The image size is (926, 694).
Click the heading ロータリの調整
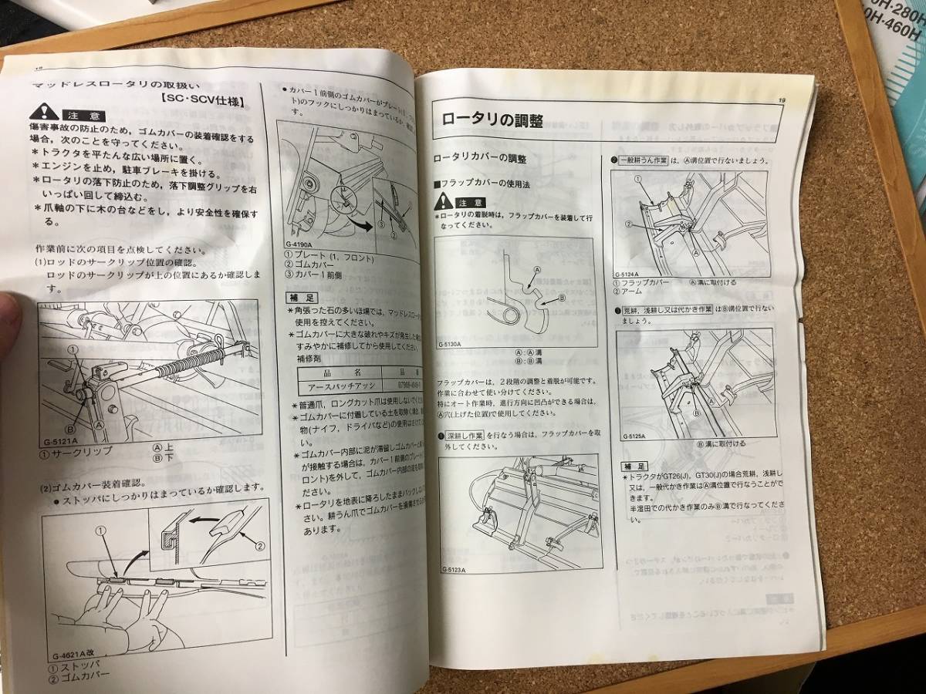492,120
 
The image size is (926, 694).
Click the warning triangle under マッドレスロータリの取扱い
42,113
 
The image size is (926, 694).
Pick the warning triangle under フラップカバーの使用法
441,202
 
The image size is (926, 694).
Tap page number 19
782,99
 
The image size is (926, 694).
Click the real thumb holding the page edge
9,324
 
